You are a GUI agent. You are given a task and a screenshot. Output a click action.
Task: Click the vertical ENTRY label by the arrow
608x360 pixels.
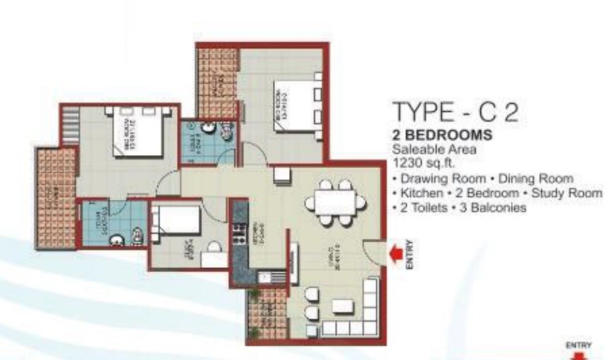click(409, 254)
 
